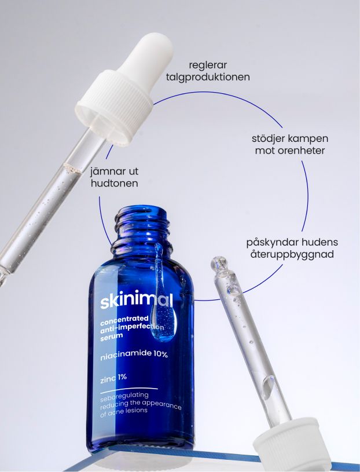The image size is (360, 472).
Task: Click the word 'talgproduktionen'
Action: (208, 78)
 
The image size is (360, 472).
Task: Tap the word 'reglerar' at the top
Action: (208, 65)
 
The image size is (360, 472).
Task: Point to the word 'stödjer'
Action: (269, 139)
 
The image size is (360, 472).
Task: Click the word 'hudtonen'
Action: (114, 184)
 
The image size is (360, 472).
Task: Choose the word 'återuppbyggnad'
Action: (292, 254)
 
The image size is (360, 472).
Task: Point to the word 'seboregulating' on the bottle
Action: (124, 397)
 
